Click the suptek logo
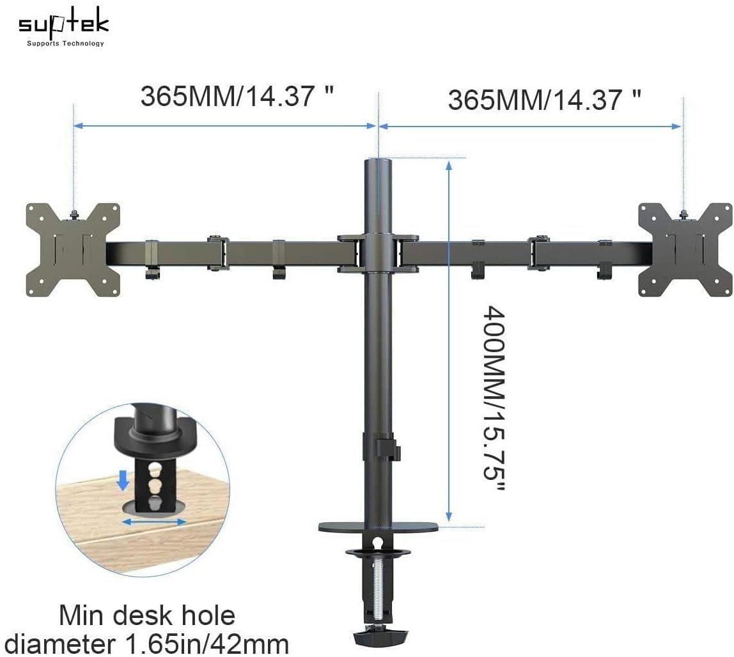(63, 24)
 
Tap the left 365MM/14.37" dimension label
(237, 97)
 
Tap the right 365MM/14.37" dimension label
(544, 99)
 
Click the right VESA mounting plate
(685, 250)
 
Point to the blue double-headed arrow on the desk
(154, 522)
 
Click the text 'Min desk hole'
(148, 616)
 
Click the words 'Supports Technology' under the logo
(65, 43)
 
